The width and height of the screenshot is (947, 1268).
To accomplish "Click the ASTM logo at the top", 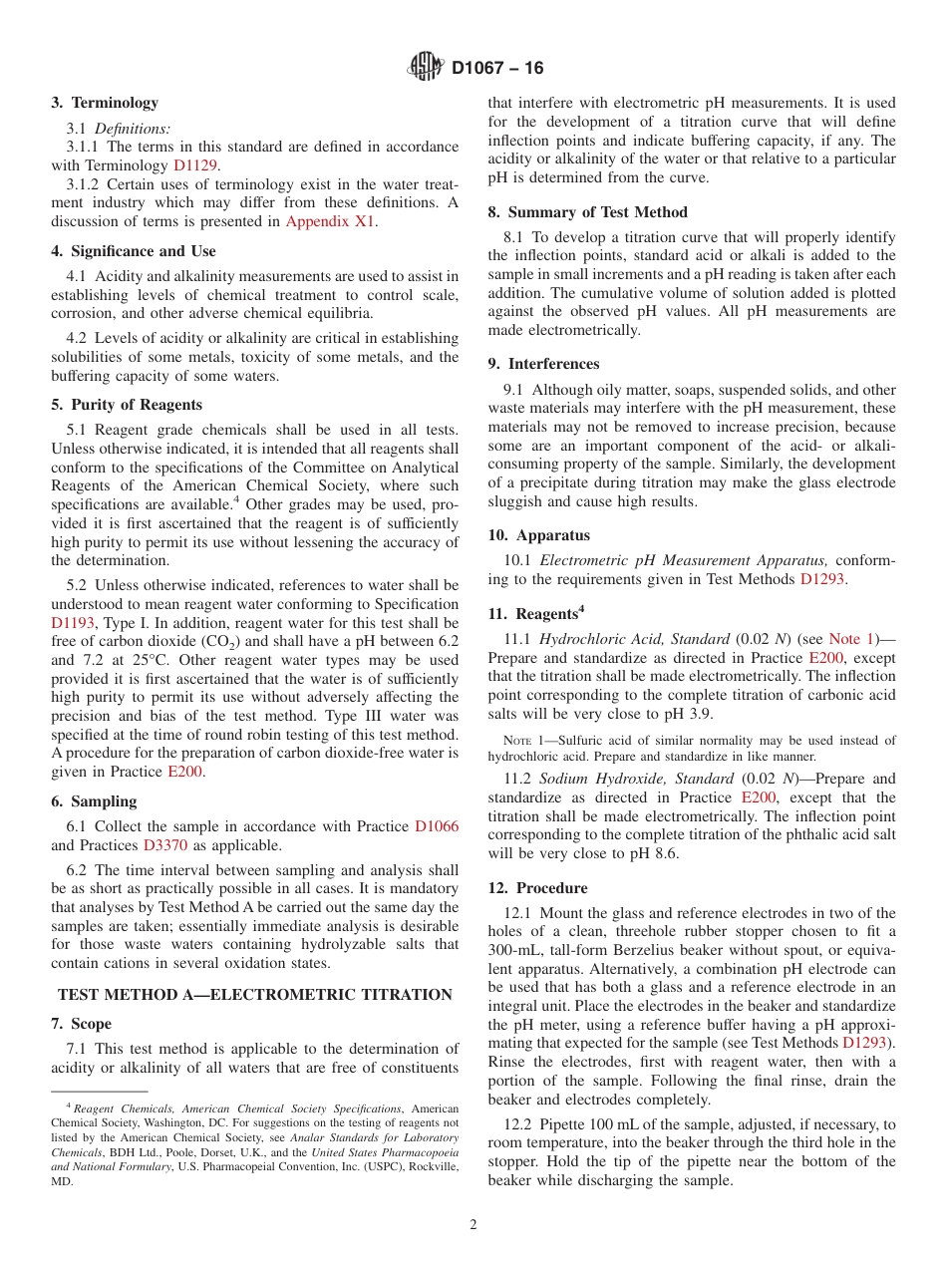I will point(426,68).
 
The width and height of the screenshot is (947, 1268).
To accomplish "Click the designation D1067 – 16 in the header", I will point(497,69).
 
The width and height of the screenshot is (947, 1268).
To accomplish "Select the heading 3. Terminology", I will point(105,103).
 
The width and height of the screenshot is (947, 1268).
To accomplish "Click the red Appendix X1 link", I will point(330,221).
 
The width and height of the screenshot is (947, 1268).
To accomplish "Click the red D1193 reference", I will point(72,623).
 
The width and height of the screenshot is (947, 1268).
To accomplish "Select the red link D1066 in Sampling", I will point(437,826).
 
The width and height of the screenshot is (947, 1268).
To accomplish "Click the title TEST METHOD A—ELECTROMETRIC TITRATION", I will point(255,995).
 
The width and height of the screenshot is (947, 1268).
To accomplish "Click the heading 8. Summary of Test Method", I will point(587,212).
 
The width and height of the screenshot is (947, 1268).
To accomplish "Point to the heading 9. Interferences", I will point(543,364).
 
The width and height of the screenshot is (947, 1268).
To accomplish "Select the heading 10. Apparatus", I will point(538,535).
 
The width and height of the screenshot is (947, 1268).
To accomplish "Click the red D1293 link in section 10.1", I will point(822,579).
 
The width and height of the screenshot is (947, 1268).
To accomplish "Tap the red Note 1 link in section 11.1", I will point(850,639).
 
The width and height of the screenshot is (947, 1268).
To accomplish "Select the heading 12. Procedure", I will point(537,888).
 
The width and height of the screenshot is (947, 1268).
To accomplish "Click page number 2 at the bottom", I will point(473,1225).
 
